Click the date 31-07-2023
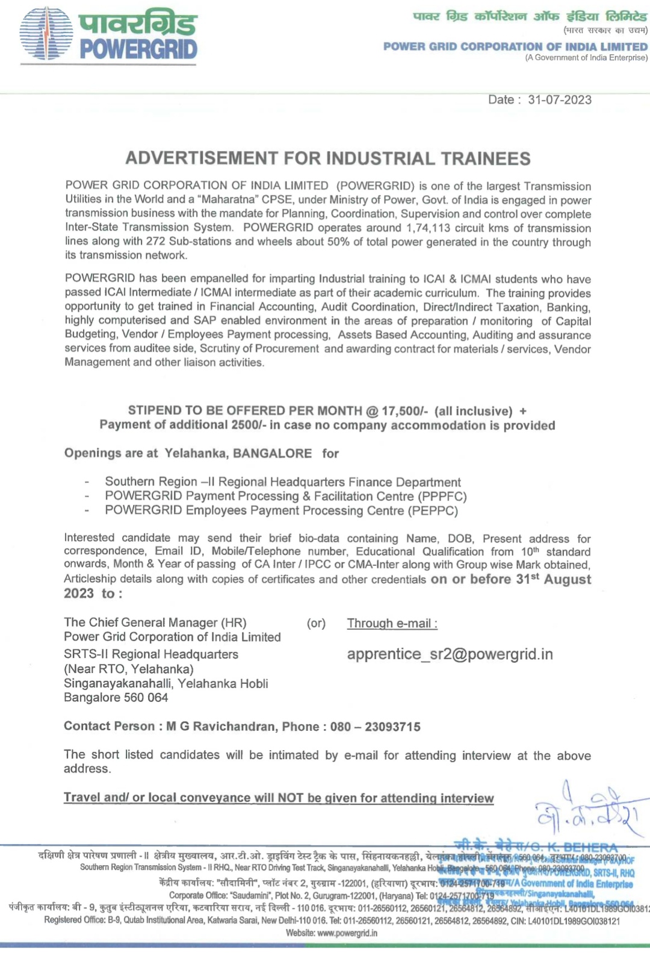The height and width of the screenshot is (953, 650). [x=560, y=100]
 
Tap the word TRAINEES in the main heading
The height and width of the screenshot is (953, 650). [x=486, y=158]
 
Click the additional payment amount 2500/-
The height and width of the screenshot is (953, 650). [x=249, y=425]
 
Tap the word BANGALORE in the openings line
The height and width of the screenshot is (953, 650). [x=272, y=453]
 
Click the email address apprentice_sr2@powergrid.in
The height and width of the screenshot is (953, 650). [x=450, y=654]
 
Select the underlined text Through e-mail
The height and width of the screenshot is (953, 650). [x=392, y=624]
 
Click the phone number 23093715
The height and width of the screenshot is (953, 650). [x=392, y=727]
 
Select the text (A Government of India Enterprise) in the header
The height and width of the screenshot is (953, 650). [x=586, y=58]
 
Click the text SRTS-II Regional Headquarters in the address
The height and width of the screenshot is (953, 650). [x=151, y=654]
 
